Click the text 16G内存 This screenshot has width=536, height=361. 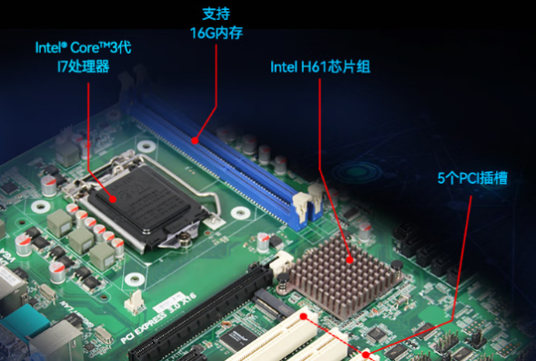point(216,34)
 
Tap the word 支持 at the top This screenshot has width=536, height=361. point(216,14)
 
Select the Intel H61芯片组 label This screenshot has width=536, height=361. point(319,67)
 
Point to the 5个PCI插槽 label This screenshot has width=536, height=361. point(471,178)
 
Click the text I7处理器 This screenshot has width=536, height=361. point(83,67)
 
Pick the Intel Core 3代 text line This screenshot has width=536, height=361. point(83,47)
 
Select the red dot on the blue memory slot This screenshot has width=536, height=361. point(195,141)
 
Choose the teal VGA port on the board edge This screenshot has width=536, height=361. point(20,320)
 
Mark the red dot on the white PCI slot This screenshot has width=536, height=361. point(366,355)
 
